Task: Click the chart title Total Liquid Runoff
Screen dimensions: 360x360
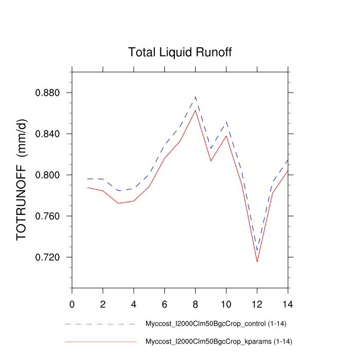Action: (x=180, y=52)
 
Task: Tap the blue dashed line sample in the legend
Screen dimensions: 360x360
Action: (x=100, y=324)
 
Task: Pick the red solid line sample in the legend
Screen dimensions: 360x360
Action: (x=100, y=341)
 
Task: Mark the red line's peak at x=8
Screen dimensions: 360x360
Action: (x=195, y=110)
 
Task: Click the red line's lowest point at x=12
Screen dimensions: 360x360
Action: (x=257, y=262)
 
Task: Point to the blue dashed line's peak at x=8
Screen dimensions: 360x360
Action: (x=195, y=97)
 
